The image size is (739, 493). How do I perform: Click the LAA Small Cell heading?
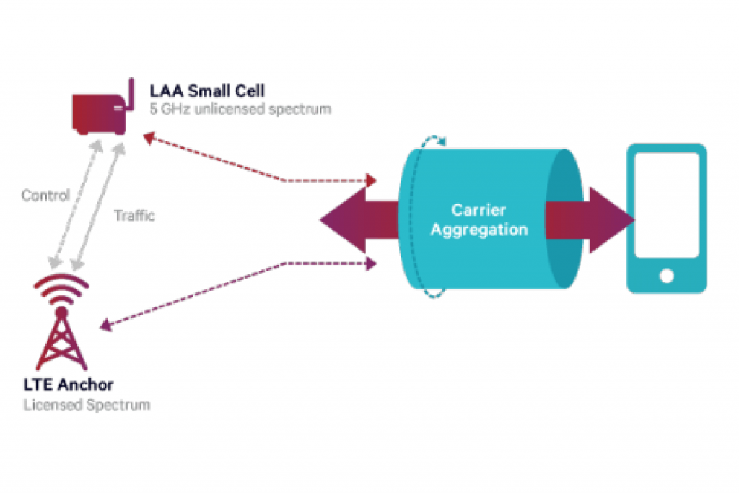[207, 90]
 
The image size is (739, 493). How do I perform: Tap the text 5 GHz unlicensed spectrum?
[240, 109]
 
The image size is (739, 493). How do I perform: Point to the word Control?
[45, 195]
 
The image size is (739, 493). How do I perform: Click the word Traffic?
[134, 215]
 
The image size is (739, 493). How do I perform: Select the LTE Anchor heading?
[69, 385]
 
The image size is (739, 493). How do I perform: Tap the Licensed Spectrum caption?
[87, 405]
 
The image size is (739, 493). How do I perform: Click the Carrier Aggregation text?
[479, 219]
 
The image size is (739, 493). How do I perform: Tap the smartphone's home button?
[667, 276]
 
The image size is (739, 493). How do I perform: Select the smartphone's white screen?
[667, 205]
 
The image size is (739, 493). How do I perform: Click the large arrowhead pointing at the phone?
[611, 219]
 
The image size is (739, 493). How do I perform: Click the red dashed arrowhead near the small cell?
[149, 138]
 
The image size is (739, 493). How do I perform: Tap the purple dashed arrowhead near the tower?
[105, 326]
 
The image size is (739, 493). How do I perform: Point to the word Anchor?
[85, 385]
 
